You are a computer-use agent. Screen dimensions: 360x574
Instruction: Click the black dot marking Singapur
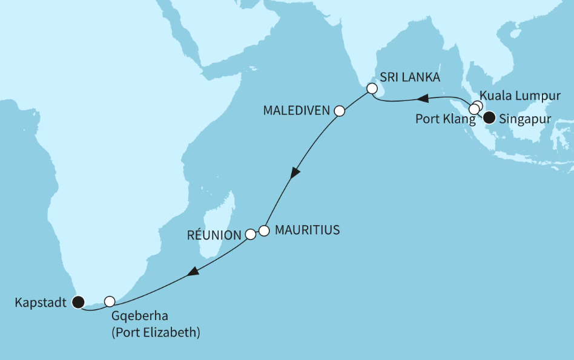pos(488,117)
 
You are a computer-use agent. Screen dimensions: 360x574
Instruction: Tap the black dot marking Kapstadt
pos(78,301)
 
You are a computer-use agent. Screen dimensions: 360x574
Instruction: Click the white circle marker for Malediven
pos(339,111)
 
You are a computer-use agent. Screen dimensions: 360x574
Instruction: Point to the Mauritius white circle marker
pos(263,231)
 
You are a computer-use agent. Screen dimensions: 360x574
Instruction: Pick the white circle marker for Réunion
pos(250,234)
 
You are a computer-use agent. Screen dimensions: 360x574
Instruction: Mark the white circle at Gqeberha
pos(110,301)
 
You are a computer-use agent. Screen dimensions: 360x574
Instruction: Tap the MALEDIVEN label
pos(297,111)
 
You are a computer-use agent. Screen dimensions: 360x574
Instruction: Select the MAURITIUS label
pos(307,230)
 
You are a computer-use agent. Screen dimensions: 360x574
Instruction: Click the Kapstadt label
pos(40,301)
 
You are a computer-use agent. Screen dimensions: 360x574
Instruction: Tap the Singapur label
pos(525,119)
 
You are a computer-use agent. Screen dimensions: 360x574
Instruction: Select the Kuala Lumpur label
pos(520,96)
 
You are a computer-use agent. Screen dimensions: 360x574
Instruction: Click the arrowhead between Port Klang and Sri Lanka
pos(424,98)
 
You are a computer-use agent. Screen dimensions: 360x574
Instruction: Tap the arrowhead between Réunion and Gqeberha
pos(192,273)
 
